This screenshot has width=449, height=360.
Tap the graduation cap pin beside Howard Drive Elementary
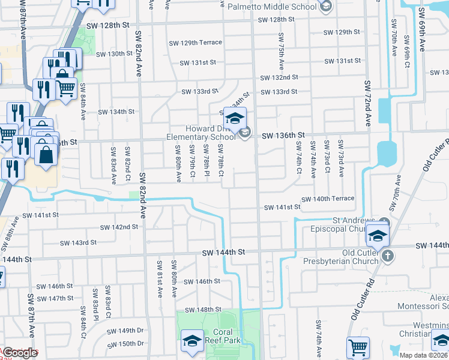(x=235, y=118)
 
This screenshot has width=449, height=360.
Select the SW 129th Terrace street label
(x=195, y=43)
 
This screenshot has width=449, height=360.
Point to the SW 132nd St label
(x=279, y=78)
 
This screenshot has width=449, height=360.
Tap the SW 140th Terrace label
(x=328, y=199)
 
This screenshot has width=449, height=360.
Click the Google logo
(x=20, y=353)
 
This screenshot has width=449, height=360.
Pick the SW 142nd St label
(x=119, y=227)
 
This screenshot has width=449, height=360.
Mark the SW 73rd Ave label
(x=341, y=158)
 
